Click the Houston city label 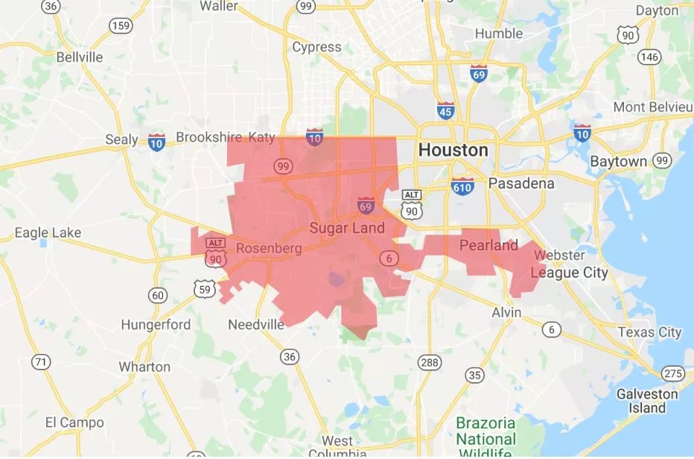tap(453, 150)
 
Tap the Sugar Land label tap(347, 228)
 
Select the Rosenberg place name tap(269, 248)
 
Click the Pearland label tap(488, 245)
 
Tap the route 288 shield tap(429, 363)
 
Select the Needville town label tap(256, 325)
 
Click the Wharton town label tap(144, 367)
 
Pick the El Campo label tap(74, 422)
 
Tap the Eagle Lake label tap(48, 233)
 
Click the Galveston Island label tap(646, 401)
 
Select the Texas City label tap(649, 332)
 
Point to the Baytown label tap(618, 162)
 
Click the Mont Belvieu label tap(652, 107)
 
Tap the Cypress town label tap(316, 48)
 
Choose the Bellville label tap(79, 57)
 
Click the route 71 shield tap(41, 362)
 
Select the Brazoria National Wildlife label tap(486, 438)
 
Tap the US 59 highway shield tap(202, 287)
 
